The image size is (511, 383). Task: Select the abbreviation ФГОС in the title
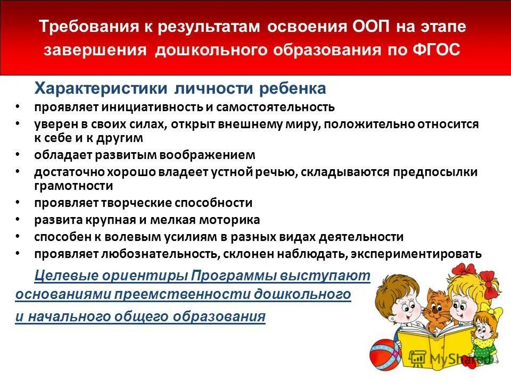(x=434, y=49)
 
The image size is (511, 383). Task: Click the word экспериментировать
(x=417, y=254)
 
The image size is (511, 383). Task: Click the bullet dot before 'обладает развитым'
(x=18, y=154)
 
